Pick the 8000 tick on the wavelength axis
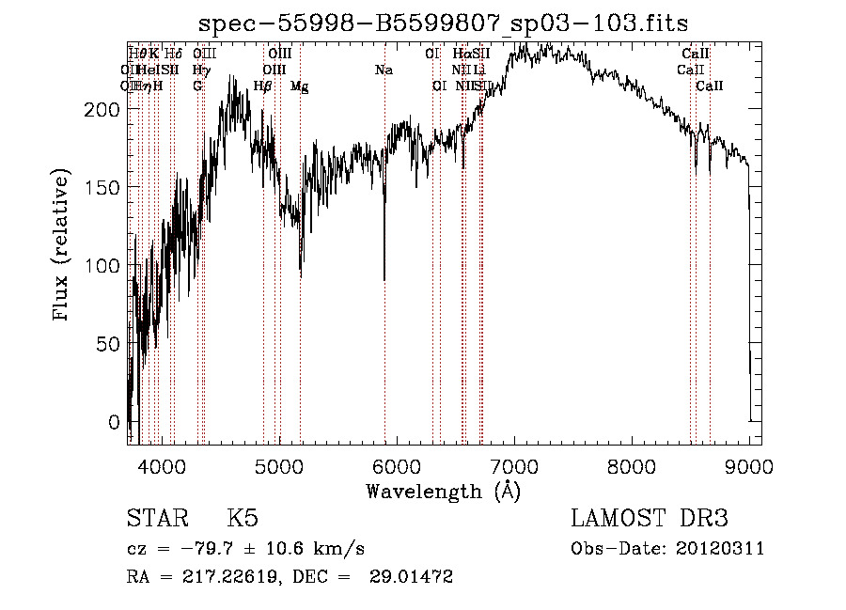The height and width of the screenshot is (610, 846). click(631, 465)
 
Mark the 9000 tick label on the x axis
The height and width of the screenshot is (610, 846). click(748, 465)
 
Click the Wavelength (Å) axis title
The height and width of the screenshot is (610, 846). click(443, 491)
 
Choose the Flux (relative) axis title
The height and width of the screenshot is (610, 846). click(63, 246)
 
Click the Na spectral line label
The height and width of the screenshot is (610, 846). click(384, 70)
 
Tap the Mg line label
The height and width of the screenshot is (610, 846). click(300, 86)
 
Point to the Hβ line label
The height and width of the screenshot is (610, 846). click(263, 86)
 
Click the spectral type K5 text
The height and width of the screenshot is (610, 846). click(243, 519)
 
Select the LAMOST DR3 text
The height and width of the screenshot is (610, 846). click(650, 519)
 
